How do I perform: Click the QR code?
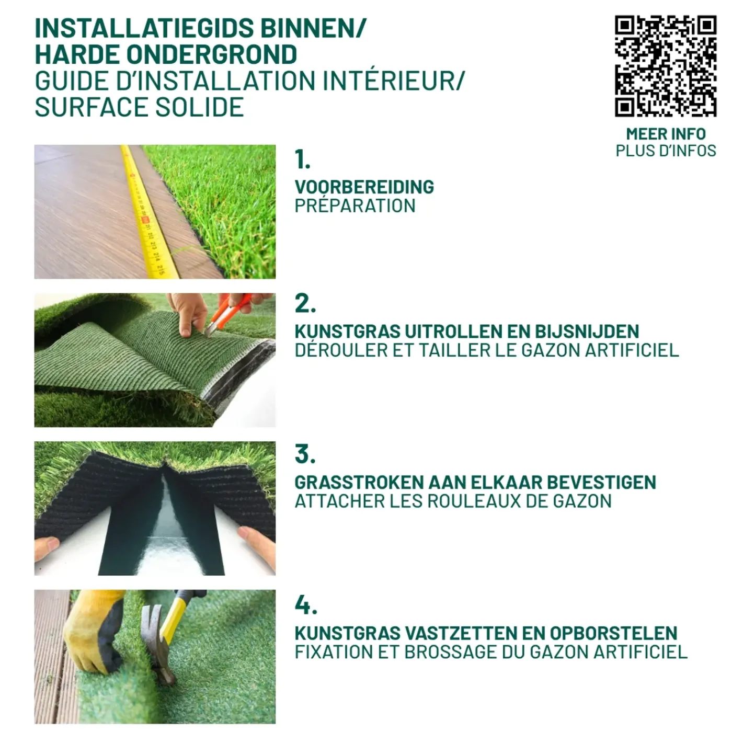(666, 66)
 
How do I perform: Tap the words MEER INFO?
(666, 134)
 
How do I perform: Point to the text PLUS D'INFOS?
(666, 151)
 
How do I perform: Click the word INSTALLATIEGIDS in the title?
(144, 28)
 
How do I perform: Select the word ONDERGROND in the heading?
(212, 54)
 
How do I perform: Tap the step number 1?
(303, 159)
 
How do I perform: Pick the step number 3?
(305, 455)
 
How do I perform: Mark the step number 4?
(306, 605)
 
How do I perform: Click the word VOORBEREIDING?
(364, 187)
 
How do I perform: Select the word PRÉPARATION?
(355, 205)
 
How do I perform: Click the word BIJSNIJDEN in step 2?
(587, 331)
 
